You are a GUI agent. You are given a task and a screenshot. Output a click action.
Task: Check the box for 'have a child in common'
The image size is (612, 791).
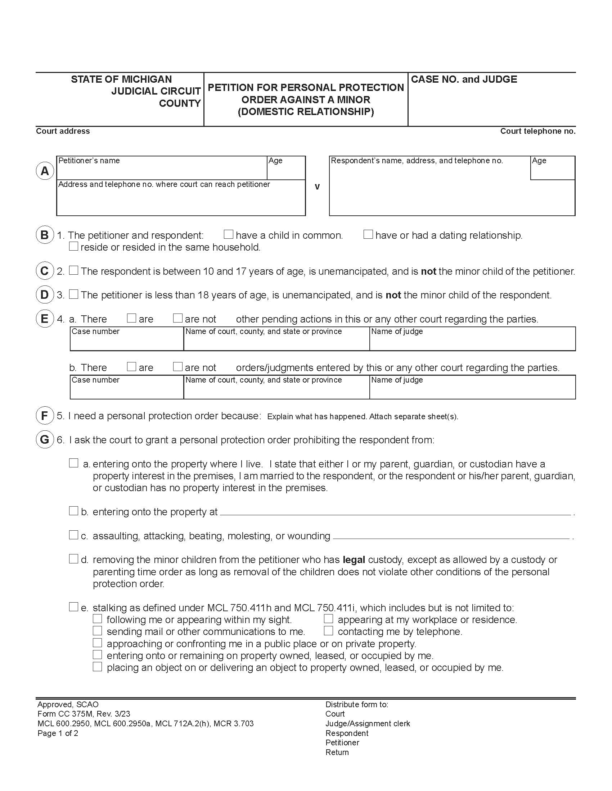coord(228,234)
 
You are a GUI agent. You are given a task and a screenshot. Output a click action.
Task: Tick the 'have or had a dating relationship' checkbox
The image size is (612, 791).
coord(368,234)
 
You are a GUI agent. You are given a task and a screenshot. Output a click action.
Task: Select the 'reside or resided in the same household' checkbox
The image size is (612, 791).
coord(73,246)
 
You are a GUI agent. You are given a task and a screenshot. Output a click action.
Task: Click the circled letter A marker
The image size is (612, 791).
coord(45,171)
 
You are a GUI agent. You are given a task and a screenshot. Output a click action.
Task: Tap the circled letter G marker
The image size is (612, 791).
coord(45,439)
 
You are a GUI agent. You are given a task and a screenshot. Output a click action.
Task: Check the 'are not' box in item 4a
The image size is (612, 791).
coord(177,318)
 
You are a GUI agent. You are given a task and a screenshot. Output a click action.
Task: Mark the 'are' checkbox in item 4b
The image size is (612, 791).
coord(132,366)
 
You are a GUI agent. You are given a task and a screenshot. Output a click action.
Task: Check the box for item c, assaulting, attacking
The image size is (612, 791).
coord(73,535)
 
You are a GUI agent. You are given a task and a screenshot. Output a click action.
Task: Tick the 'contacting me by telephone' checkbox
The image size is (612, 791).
coord(328,631)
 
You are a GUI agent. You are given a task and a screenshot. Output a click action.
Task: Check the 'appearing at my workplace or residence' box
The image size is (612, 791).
coord(328,619)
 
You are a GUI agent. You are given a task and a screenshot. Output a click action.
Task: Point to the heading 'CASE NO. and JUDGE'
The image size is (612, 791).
coord(464,79)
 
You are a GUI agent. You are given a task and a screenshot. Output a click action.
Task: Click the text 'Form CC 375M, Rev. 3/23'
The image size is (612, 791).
coord(84,713)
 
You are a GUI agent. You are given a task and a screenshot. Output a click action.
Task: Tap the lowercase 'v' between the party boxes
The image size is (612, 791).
coord(317,187)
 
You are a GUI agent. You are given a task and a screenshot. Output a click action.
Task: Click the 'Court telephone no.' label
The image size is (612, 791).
coord(538,131)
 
